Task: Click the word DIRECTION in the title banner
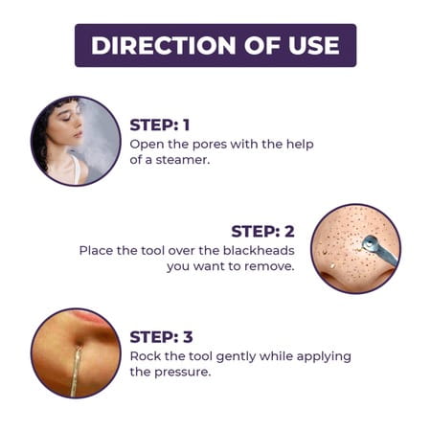coord(164,45)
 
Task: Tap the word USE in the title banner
coord(313,45)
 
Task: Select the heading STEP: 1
coord(160,125)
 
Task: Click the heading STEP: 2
coord(262,231)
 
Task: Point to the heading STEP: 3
coord(161,337)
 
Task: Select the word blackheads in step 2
coord(259,250)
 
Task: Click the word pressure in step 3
coord(183,373)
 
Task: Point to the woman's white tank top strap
coord(76,169)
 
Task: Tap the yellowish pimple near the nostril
coord(332,265)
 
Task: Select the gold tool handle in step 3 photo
coord(76,372)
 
